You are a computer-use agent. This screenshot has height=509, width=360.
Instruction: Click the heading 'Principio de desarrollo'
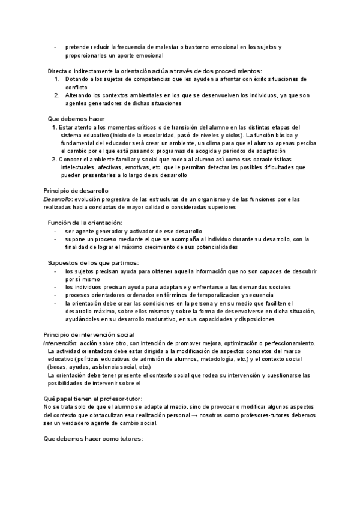[76, 190]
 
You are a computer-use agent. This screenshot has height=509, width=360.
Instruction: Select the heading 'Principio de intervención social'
[89, 334]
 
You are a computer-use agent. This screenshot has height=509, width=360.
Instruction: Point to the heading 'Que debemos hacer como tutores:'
[94, 438]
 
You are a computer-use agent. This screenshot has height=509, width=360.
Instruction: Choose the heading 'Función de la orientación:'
[85, 223]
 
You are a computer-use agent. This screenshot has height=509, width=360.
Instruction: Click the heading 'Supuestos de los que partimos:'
[92, 263]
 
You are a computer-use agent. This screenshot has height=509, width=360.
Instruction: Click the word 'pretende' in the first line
[77, 47]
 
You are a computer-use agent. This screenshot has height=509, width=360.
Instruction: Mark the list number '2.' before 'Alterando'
[56, 95]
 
